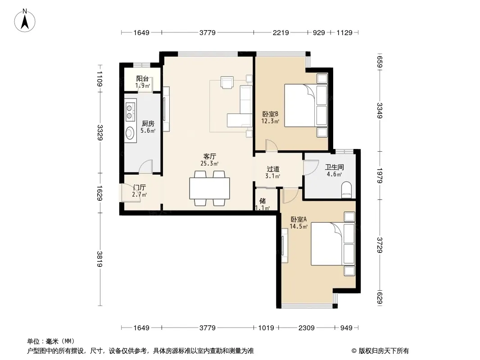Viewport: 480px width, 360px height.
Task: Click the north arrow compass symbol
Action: tap(25, 21)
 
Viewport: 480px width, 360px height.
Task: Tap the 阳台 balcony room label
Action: tap(142, 79)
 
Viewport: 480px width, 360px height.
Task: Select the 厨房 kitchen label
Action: tap(148, 124)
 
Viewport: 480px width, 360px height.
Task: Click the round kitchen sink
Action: tap(130, 133)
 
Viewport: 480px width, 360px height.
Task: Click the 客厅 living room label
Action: tap(210, 157)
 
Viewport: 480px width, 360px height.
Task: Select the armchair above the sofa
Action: tap(227, 82)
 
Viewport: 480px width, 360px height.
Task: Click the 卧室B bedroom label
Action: tap(270, 114)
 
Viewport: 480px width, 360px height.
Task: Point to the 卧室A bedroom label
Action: tap(299, 219)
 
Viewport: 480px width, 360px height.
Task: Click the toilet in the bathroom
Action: tap(347, 189)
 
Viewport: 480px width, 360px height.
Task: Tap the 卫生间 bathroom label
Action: tap(334, 167)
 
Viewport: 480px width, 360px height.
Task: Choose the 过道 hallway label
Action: tap(273, 169)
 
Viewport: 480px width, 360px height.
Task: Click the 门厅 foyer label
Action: tap(140, 188)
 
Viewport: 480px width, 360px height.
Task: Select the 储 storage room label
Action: tap(263, 201)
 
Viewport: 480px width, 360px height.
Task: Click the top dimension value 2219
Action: tap(281, 32)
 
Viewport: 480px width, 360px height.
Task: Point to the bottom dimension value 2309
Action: tap(307, 328)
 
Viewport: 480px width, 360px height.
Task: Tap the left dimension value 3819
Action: tap(100, 259)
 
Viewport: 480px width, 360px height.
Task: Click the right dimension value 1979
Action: tap(380, 175)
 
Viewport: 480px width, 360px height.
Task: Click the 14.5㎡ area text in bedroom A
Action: tap(299, 226)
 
